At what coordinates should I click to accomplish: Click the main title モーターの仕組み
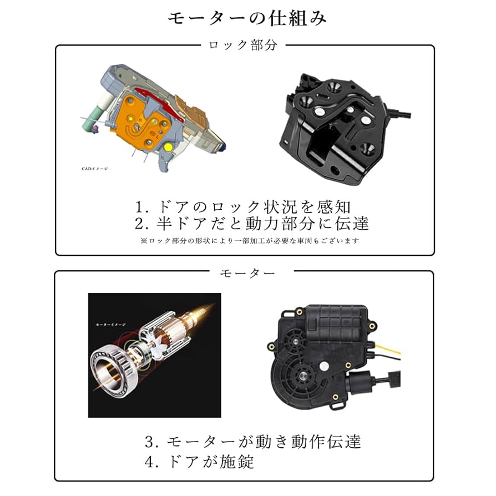coord(247,18)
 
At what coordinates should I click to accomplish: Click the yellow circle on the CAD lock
coord(168,147)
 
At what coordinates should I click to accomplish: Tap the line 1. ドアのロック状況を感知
coord(244,207)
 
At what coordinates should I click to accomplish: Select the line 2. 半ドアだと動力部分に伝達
coord(252,223)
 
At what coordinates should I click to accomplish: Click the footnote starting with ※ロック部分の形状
coord(250,241)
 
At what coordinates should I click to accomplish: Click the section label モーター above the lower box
coord(247,273)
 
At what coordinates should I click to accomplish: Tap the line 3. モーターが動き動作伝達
coord(253,442)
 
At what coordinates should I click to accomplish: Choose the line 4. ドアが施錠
coord(200,461)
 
